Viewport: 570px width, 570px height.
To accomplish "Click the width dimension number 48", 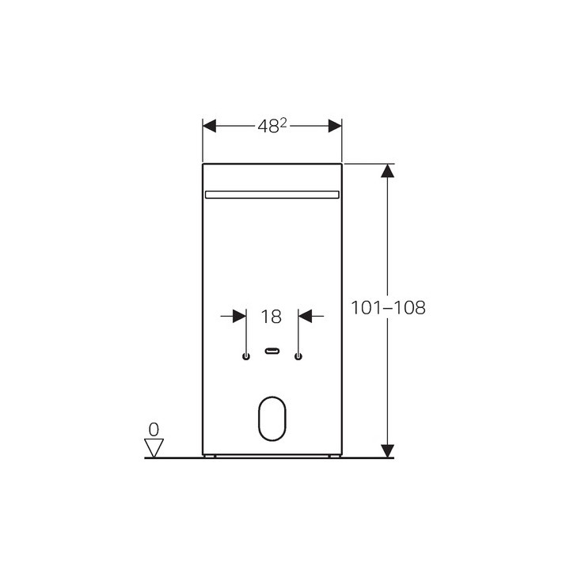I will (266, 127).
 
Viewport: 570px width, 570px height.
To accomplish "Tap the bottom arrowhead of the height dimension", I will (387, 450).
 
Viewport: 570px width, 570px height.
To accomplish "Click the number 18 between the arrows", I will (272, 317).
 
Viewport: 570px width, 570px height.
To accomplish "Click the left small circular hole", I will (246, 356).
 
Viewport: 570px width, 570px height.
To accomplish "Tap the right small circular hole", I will (298, 356).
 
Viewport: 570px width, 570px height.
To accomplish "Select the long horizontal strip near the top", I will (272, 194).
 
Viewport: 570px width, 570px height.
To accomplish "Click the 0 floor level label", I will (154, 429).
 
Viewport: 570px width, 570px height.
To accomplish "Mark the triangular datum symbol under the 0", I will (154, 448).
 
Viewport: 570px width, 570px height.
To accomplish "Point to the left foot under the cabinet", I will (210, 457).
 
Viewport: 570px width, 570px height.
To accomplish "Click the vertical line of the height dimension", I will (387, 237).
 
